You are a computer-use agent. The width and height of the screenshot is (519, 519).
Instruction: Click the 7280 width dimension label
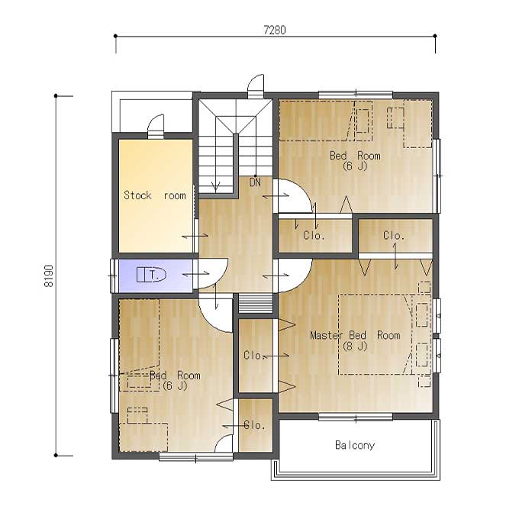275,30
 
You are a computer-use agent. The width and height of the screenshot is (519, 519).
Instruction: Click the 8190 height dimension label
49,276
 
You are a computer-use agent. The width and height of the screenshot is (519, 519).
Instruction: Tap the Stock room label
155,195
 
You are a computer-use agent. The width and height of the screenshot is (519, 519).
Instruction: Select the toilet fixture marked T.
151,275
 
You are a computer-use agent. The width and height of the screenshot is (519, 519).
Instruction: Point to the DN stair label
255,182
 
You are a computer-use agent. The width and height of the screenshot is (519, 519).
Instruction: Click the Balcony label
354,445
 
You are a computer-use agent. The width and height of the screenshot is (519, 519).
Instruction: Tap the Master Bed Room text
355,335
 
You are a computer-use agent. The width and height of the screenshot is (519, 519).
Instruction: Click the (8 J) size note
355,347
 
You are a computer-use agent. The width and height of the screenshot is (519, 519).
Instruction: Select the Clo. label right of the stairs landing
314,235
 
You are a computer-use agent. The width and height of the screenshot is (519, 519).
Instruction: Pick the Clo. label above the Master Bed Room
394,236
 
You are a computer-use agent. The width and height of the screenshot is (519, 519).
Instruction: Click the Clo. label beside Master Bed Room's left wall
254,355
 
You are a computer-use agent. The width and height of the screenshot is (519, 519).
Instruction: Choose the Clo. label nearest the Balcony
254,425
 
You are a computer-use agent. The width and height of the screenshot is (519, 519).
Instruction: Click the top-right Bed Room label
355,156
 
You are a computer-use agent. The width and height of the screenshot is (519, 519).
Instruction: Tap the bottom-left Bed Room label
175,376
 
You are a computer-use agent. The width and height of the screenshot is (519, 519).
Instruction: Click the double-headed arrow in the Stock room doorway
195,236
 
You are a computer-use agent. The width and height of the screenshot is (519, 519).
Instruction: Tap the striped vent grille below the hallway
256,303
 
